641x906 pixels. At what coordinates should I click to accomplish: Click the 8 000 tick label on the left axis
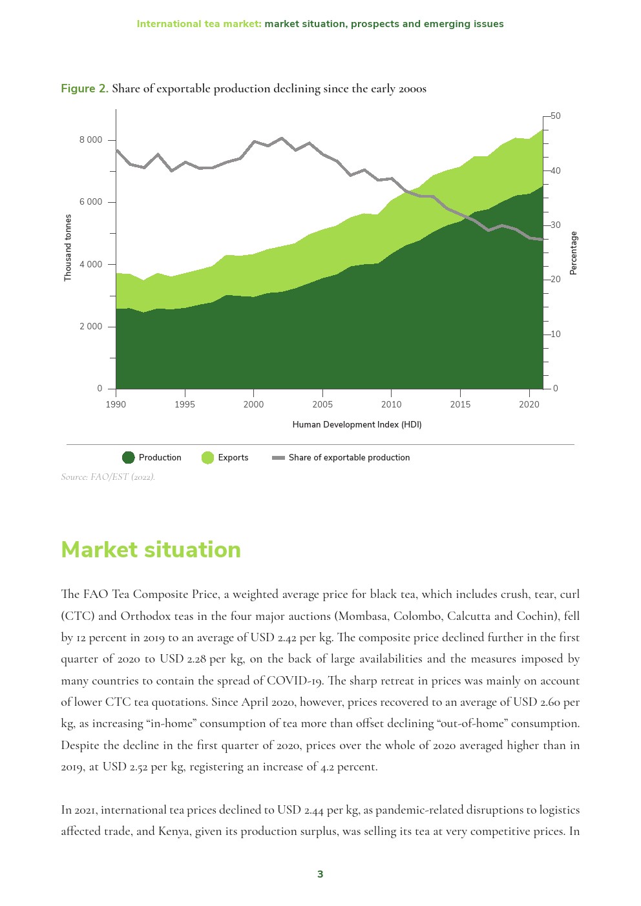click(90, 140)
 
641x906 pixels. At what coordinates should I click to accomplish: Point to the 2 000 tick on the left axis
click(90, 327)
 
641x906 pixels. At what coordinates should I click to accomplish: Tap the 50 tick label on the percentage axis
click(555, 116)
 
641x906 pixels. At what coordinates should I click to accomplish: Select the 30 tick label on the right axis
click(555, 225)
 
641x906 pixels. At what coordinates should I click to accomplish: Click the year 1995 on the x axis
click(185, 405)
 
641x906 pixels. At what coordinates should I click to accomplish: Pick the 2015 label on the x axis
click(460, 405)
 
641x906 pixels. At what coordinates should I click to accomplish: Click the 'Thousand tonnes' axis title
click(68, 248)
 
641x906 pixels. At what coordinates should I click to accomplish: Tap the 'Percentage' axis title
click(573, 253)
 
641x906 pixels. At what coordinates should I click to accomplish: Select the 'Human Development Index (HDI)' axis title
click(357, 425)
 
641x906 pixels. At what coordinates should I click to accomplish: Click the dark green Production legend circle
click(129, 458)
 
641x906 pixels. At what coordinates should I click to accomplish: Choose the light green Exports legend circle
click(207, 458)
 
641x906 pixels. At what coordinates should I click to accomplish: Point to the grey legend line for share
click(278, 458)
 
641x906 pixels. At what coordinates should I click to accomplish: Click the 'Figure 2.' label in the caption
click(85, 88)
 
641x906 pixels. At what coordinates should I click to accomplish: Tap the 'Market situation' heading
click(151, 550)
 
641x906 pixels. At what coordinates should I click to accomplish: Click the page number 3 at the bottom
click(320, 874)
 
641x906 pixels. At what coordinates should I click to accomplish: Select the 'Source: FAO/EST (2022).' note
click(108, 477)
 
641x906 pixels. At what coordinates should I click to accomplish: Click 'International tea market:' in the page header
click(199, 24)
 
